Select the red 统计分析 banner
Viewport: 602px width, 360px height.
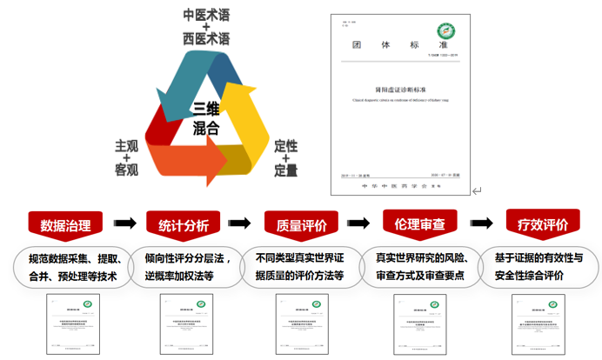(x=184, y=225)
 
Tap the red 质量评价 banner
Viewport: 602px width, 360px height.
(x=301, y=225)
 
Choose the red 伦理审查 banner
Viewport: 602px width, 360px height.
(x=421, y=224)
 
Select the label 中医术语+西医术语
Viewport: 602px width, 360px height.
(x=206, y=27)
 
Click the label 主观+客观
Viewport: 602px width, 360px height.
(x=127, y=157)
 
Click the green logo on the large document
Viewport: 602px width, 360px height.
(x=451, y=32)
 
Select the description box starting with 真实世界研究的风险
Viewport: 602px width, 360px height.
(x=422, y=266)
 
